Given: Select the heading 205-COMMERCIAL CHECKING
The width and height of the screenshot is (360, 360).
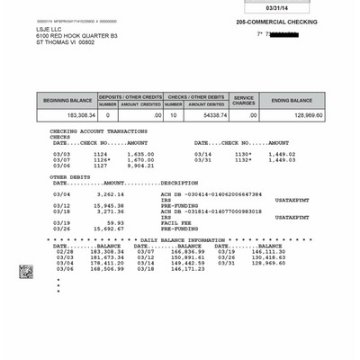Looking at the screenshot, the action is pos(277,22).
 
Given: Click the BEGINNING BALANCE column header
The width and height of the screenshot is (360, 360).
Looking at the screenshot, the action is pos(67,101).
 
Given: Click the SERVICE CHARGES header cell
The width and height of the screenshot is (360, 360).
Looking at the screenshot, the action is pos(245,101).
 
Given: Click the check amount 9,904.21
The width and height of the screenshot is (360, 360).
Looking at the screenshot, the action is pos(141,166).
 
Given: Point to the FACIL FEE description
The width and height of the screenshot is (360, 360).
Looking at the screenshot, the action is pos(176,221).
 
